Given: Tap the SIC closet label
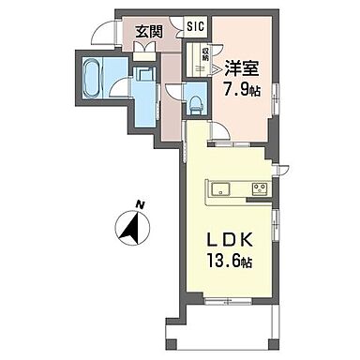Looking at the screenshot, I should click(194, 28).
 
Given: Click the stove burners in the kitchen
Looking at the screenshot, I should click(258, 186).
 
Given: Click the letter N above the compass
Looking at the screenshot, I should click(137, 203).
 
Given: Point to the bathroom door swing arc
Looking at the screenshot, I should click(119, 89).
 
